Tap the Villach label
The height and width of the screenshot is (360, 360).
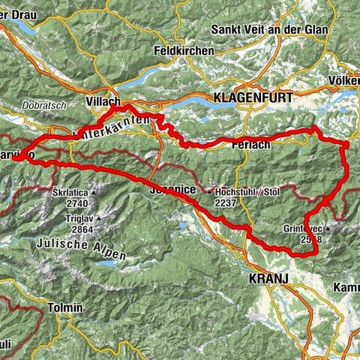coord(103,100)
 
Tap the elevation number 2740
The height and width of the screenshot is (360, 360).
coord(77,203)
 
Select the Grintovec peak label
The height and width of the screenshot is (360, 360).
coord(305,227)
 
